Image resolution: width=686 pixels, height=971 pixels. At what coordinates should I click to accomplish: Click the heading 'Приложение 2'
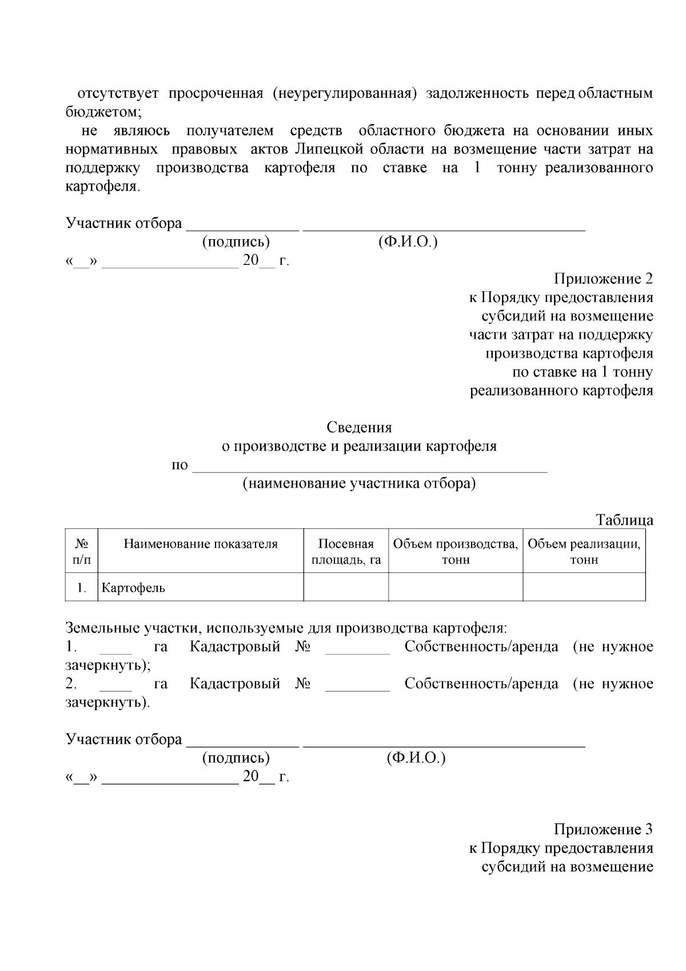(603, 279)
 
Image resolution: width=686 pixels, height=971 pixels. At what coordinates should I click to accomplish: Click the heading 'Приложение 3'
(603, 829)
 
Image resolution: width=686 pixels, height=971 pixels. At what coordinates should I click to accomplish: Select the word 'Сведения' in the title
(359, 427)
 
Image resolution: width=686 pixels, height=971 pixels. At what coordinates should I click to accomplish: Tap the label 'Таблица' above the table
(624, 521)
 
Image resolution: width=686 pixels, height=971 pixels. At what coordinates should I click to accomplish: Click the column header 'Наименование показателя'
(201, 544)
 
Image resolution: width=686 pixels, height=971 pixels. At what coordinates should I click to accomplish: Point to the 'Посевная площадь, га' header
(346, 552)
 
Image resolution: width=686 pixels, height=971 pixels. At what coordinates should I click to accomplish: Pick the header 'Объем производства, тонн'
(456, 552)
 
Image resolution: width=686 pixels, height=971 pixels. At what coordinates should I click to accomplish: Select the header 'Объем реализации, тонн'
(584, 552)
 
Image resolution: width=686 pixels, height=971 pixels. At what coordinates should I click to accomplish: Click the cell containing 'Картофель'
(133, 588)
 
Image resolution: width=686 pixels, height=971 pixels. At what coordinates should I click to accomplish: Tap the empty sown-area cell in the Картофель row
(346, 588)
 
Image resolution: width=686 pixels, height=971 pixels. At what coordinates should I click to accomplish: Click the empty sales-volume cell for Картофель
(584, 588)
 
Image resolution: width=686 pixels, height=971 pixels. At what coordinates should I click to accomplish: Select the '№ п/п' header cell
(82, 552)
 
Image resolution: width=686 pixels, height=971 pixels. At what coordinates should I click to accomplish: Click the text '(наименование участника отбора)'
(359, 483)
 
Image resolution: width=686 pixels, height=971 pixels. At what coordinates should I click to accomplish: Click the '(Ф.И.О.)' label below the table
(416, 758)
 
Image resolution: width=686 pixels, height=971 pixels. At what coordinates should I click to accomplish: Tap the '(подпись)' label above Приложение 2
(236, 242)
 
